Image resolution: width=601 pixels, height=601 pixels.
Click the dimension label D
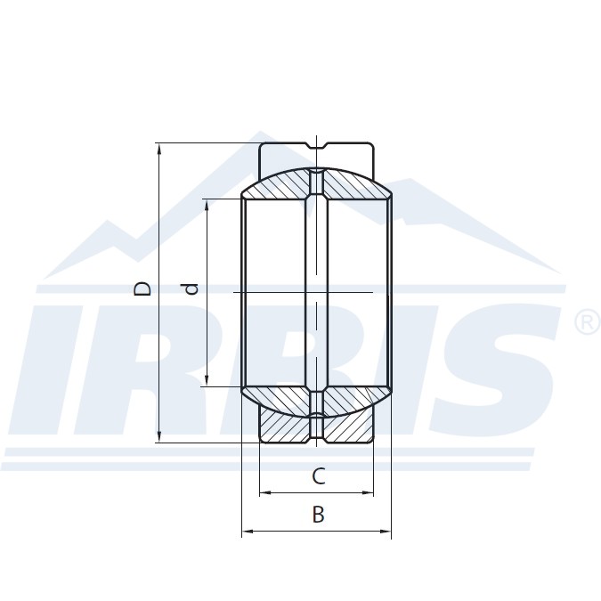tap(142, 288)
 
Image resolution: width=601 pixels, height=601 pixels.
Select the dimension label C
tap(318, 477)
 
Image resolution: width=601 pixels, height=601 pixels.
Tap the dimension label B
tap(318, 515)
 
